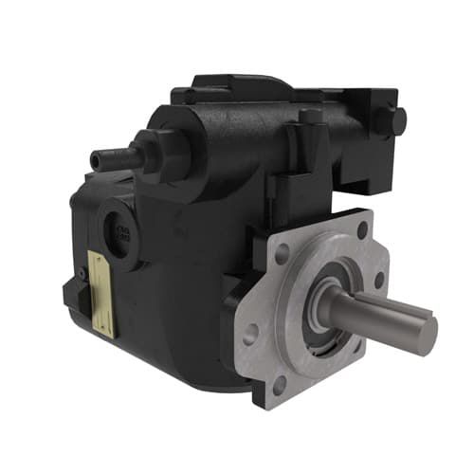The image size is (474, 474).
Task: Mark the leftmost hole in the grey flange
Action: (x=251, y=332)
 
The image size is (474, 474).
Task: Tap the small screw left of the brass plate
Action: (x=83, y=274)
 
